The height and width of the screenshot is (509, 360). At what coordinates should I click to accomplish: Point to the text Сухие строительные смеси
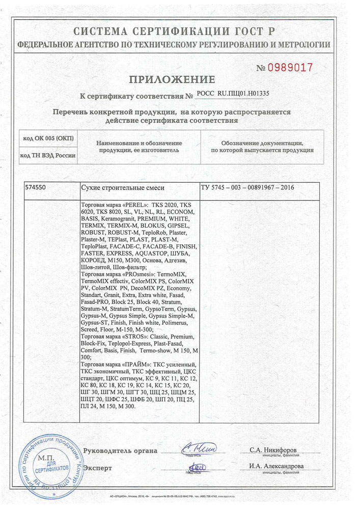(x=123, y=188)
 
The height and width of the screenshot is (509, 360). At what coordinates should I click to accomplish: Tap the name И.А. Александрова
(x=276, y=466)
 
